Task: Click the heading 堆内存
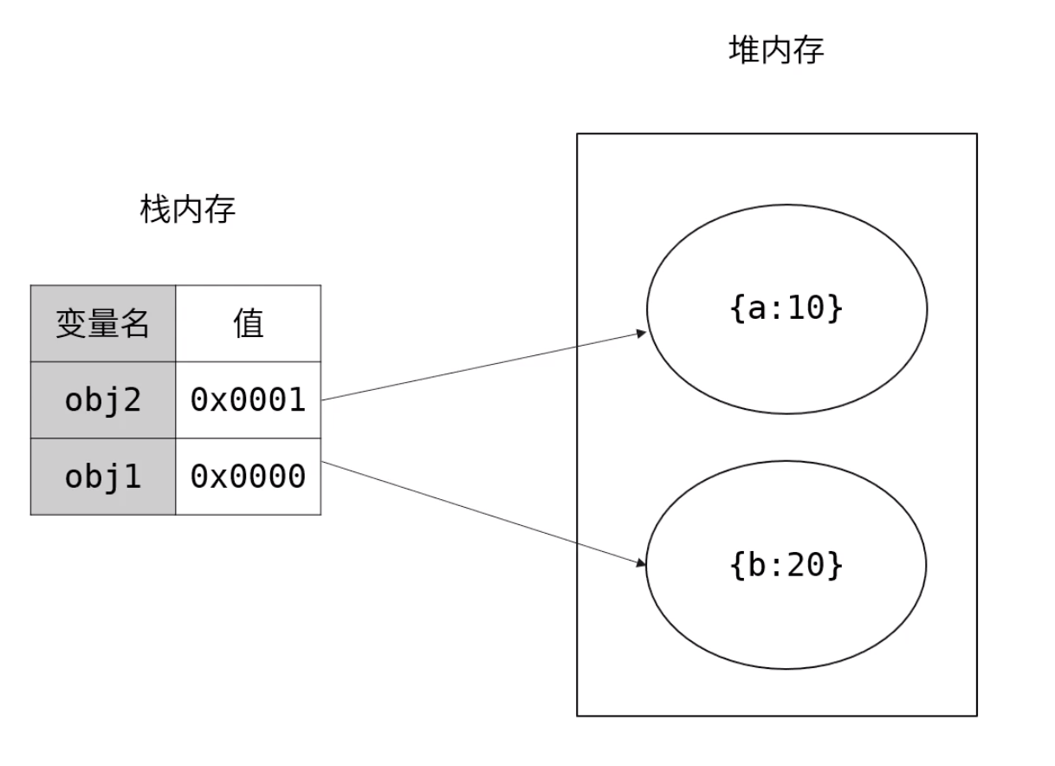point(776,50)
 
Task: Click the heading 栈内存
point(187,210)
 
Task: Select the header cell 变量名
point(102,323)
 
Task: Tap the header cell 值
point(248,323)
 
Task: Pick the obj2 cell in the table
point(102,399)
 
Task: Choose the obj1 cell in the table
point(102,476)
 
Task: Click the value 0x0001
point(248,399)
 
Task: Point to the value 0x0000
point(248,476)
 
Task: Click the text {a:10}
point(786,308)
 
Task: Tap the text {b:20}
point(786,564)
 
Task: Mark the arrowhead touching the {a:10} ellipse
point(642,333)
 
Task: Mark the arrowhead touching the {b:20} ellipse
point(642,564)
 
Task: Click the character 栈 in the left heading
point(156,210)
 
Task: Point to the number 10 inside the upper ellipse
point(807,308)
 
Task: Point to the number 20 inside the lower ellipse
point(807,564)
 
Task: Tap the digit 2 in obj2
point(132,399)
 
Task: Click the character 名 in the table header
point(134,323)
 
